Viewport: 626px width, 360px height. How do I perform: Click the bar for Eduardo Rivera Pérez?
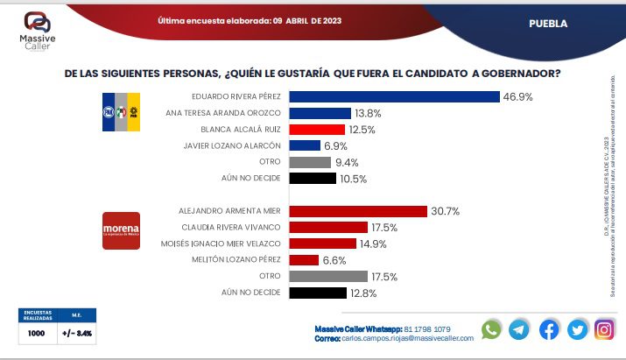tap(394, 97)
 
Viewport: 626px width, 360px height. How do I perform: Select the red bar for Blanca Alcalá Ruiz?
tap(316, 130)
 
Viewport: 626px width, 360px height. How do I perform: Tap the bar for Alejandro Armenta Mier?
tap(358, 211)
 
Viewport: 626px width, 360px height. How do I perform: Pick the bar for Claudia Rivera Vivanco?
tap(324, 227)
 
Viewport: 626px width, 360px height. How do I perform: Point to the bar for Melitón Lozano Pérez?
tap(304, 260)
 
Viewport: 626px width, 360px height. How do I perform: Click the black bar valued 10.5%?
tap(313, 179)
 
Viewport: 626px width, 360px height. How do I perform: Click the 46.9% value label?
tap(517, 97)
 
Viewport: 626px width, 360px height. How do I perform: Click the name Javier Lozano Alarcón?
tap(238, 146)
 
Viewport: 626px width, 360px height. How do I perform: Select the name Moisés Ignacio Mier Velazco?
tap(229, 244)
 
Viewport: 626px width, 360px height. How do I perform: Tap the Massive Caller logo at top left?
tap(37, 27)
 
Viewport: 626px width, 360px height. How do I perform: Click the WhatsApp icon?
tap(492, 329)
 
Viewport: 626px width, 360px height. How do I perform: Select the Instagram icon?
tap(604, 329)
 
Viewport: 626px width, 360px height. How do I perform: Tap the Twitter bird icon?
tap(576, 329)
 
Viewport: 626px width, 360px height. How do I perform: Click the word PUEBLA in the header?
tap(548, 24)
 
